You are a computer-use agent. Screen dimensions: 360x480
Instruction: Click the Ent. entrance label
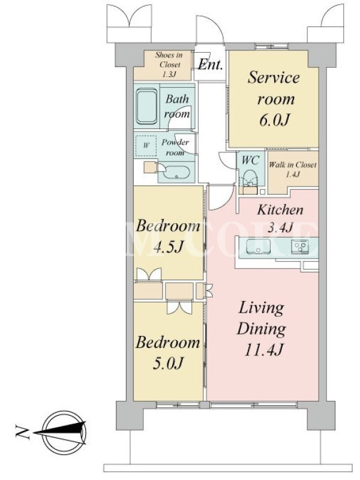(x=210, y=65)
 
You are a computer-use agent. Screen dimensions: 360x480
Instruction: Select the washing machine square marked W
(x=146, y=146)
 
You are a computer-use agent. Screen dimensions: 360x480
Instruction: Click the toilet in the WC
(x=250, y=178)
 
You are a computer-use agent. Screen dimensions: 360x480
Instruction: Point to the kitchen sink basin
(x=259, y=247)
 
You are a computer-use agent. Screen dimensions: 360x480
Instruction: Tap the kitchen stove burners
(x=301, y=247)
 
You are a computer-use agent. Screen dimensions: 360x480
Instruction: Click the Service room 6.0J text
(x=274, y=98)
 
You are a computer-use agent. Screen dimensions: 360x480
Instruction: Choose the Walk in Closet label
(x=293, y=164)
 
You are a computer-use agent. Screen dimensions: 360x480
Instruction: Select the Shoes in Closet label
(x=169, y=59)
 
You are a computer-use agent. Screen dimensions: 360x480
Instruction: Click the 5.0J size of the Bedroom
(x=168, y=363)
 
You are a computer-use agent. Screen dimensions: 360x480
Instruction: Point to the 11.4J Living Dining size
(x=263, y=350)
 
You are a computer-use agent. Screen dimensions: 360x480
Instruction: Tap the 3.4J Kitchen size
(x=280, y=227)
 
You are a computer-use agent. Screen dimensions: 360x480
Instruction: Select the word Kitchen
(x=280, y=210)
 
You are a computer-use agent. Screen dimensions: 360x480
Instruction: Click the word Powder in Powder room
(x=175, y=142)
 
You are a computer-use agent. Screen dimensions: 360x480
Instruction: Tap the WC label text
(x=250, y=160)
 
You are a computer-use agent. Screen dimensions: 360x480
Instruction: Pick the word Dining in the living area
(x=262, y=329)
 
